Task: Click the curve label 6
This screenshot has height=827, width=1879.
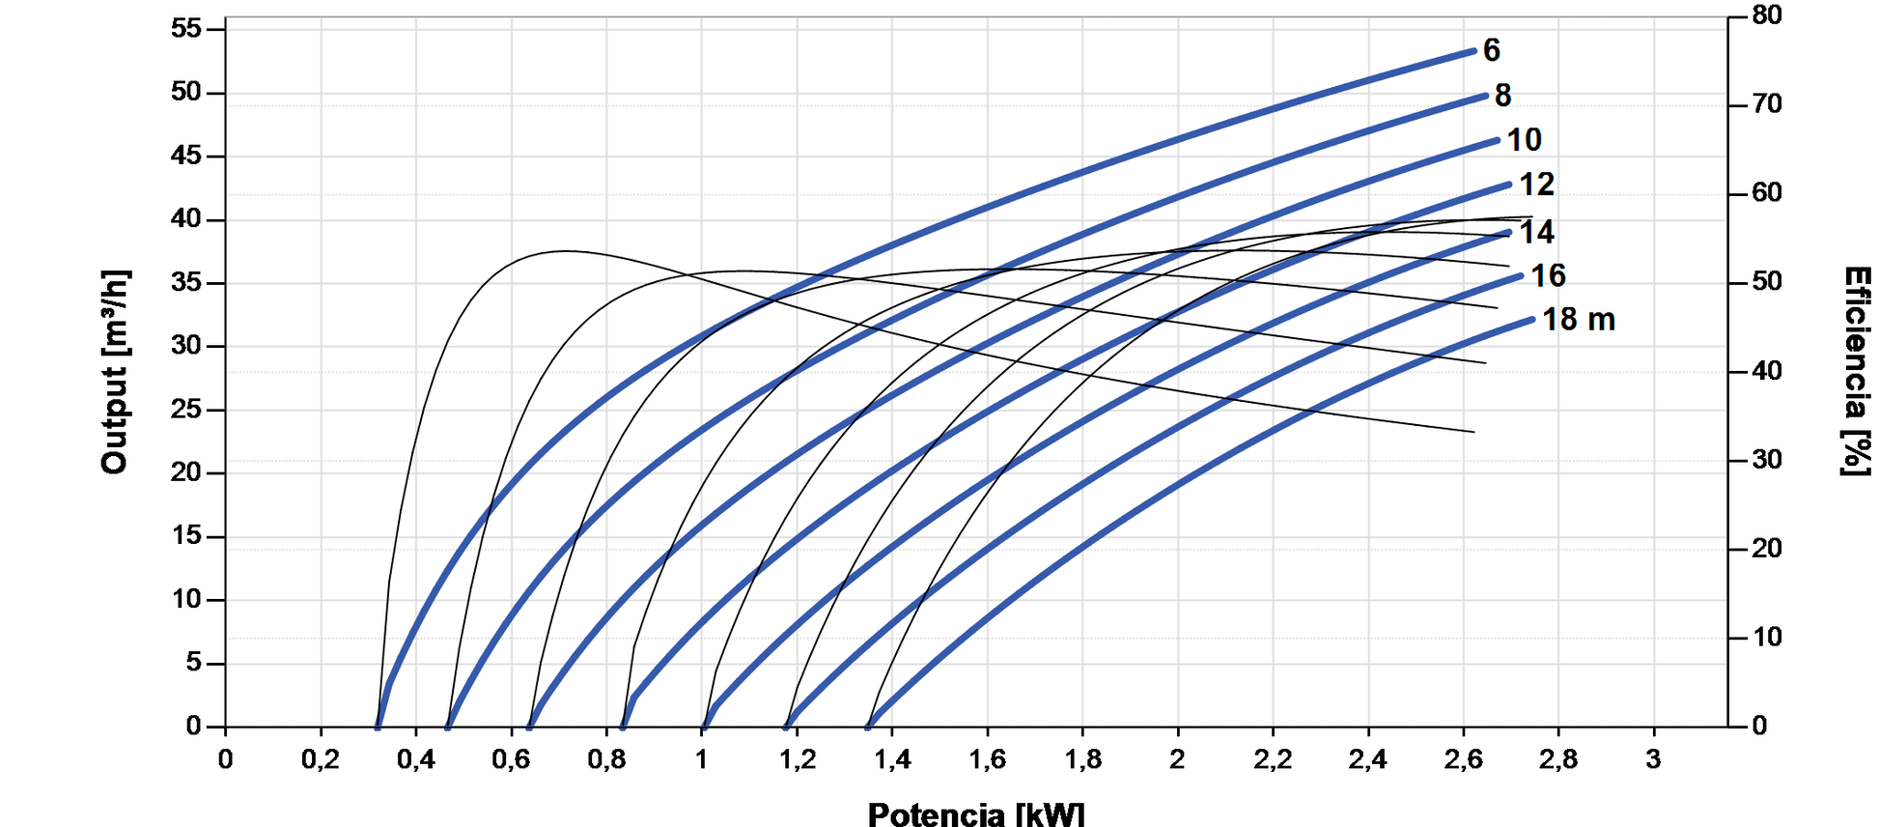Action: click(1492, 50)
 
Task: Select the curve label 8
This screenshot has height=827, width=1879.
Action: click(1503, 95)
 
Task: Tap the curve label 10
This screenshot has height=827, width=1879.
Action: click(1525, 140)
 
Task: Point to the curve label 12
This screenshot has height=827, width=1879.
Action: click(1537, 184)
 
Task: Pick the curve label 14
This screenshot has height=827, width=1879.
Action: click(1537, 232)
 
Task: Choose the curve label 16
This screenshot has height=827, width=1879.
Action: click(1548, 276)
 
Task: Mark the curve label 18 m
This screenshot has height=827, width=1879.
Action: click(1578, 320)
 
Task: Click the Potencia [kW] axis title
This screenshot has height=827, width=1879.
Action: click(976, 813)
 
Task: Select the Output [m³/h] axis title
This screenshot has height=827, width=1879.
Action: click(115, 372)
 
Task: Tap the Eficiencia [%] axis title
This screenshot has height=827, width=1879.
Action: click(1856, 372)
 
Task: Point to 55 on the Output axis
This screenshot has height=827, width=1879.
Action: click(186, 29)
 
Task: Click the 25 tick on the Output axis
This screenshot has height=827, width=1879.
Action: click(186, 410)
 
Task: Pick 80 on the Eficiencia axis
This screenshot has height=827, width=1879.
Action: click(1767, 15)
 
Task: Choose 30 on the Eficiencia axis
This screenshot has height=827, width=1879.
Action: click(1767, 460)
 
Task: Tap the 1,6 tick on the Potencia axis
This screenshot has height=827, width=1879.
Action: click(987, 760)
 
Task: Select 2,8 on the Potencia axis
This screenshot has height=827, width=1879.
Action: click(1558, 760)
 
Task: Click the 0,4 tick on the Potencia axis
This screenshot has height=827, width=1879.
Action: click(415, 760)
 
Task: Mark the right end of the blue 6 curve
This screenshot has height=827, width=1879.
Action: click(1474, 50)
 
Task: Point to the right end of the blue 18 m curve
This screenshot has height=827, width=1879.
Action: click(1532, 319)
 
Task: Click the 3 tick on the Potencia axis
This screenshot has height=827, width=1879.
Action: click(1654, 760)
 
